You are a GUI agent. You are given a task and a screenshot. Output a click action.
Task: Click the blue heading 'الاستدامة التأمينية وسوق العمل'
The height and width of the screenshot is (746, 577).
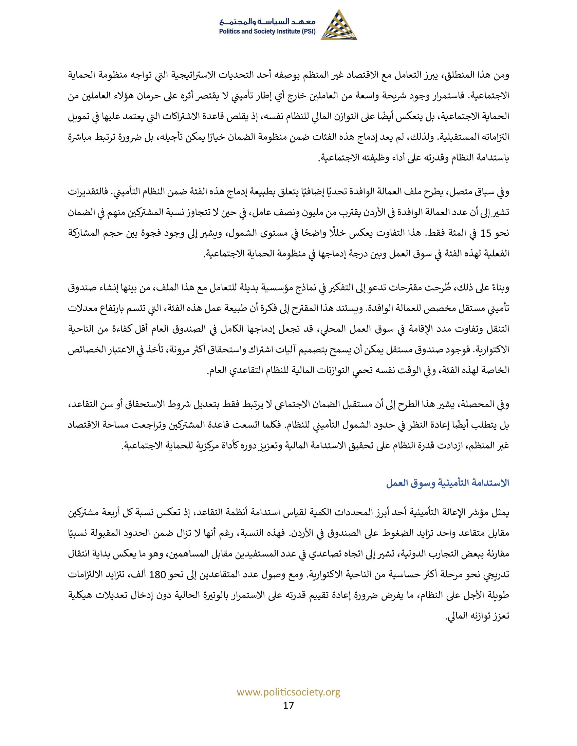pos(448,483)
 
